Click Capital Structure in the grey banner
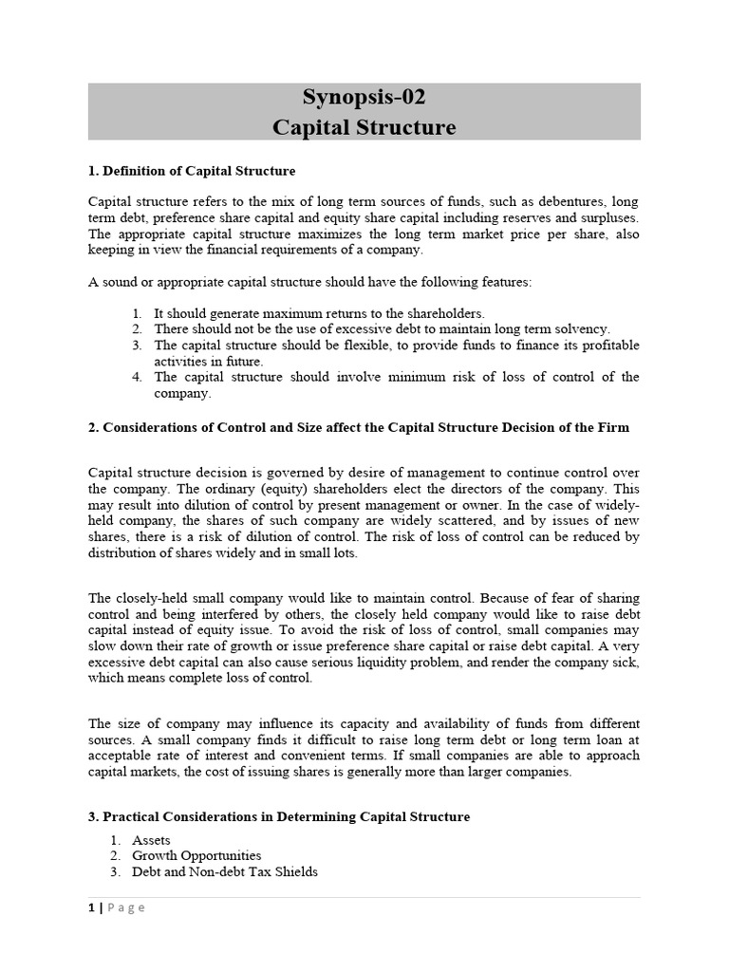[x=364, y=127]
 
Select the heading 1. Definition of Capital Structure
[x=192, y=171]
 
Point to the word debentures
[x=546, y=201]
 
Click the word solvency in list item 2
[x=583, y=328]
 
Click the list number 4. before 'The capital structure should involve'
[x=138, y=377]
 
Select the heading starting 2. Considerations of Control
[x=359, y=428]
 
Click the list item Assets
[x=152, y=840]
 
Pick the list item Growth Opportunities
[x=196, y=856]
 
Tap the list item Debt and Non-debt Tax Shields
[x=225, y=872]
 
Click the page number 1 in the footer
[x=91, y=907]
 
